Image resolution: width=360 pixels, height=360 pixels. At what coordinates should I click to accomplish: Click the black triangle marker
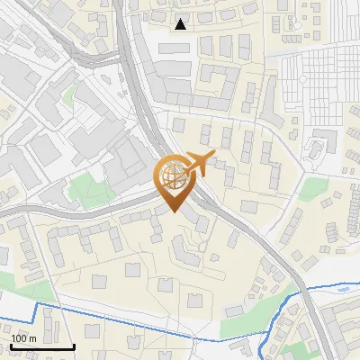pos(181,23)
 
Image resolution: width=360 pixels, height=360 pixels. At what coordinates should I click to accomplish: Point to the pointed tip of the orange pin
pos(174,212)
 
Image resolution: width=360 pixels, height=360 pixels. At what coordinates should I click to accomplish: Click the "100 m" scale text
pos(25,338)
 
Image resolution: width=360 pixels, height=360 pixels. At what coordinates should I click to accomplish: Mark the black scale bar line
pos(42,346)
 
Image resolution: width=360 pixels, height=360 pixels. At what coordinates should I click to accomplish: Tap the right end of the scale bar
pos(74,346)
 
